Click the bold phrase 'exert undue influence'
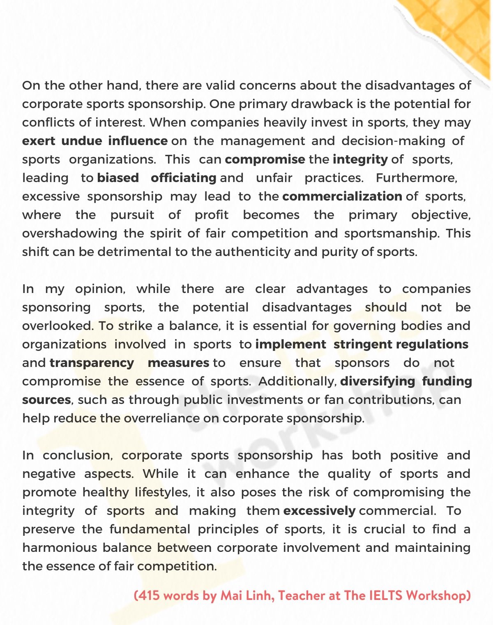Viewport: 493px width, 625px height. (94, 141)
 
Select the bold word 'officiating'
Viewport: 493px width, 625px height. (183, 178)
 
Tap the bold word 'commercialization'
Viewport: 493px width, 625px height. (342, 196)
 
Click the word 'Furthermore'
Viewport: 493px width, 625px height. (416, 178)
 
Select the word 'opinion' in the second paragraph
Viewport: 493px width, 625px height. (99, 289)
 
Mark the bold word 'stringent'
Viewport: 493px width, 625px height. (363, 344)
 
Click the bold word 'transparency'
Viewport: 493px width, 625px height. (92, 363)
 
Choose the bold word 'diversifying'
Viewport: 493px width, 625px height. (378, 381)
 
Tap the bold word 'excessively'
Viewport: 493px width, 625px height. (319, 511)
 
